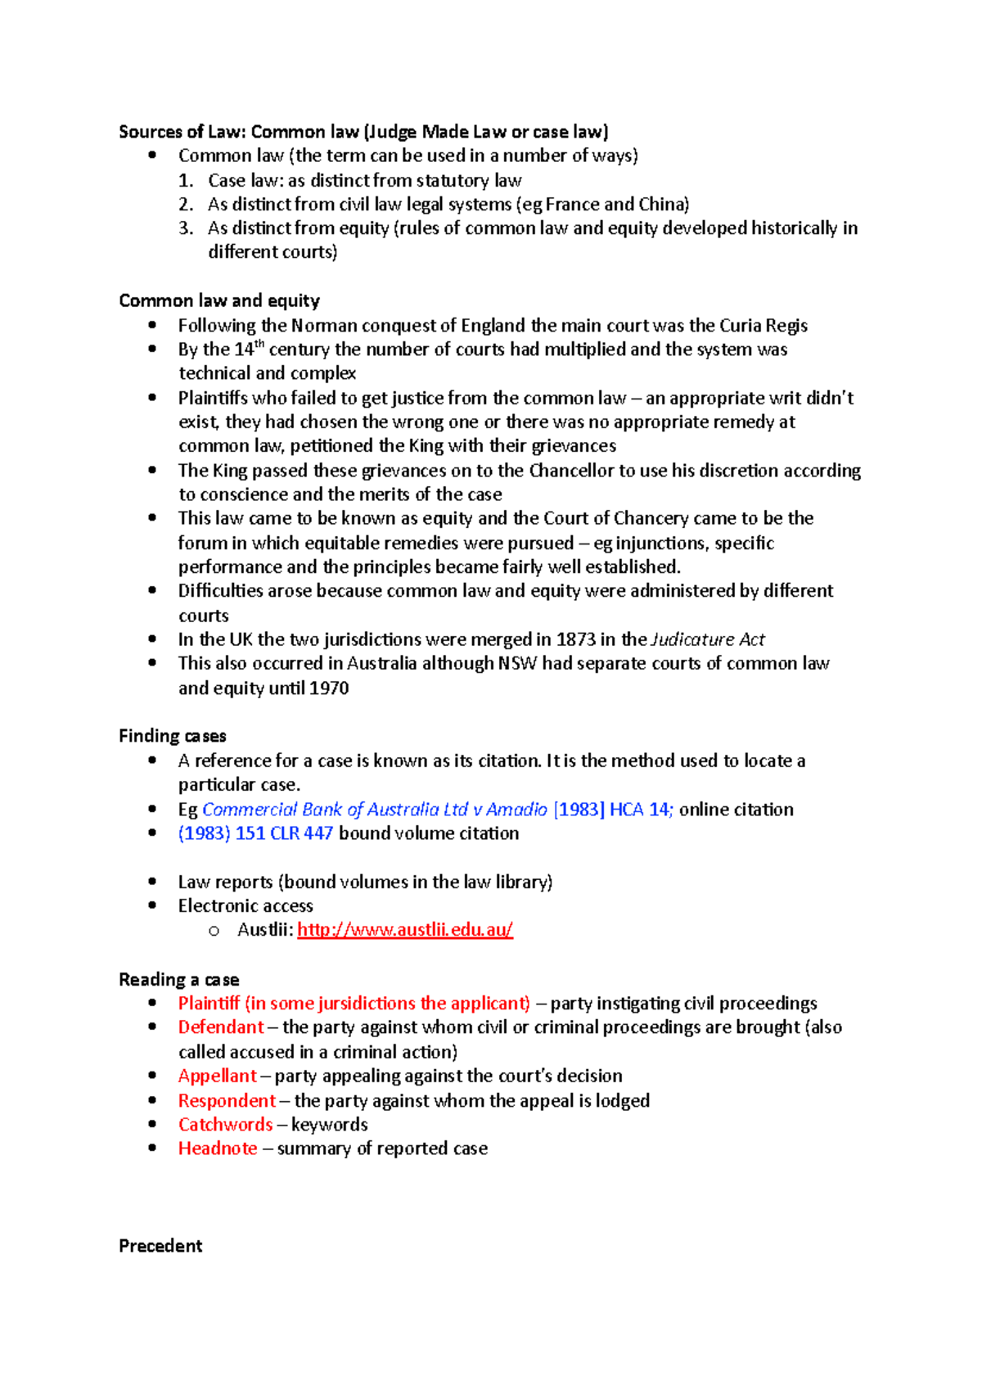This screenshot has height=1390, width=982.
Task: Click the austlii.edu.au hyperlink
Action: [x=404, y=930]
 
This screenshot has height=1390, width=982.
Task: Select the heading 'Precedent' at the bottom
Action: [x=160, y=1246]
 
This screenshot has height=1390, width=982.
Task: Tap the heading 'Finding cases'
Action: [x=172, y=736]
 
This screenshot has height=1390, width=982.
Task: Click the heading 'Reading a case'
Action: [x=178, y=980]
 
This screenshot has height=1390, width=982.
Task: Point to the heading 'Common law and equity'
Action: [x=218, y=300]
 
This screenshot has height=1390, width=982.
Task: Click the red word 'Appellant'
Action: [x=217, y=1076]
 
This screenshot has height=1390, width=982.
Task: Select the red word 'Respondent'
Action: [x=227, y=1100]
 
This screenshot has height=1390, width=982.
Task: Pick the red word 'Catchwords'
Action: [x=225, y=1125]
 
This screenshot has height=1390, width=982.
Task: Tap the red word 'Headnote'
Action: [x=218, y=1149]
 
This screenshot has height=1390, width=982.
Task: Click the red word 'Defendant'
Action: [x=221, y=1027]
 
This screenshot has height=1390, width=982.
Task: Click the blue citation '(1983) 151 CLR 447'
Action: [x=255, y=833]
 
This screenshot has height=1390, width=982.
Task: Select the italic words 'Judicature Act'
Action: [x=708, y=639]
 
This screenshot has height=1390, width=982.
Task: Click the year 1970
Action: [x=329, y=688]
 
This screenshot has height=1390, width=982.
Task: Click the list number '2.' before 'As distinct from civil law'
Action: [x=186, y=205]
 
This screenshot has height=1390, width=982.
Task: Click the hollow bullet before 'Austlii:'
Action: [x=214, y=931]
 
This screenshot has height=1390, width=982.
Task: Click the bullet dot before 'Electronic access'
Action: [x=152, y=905]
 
